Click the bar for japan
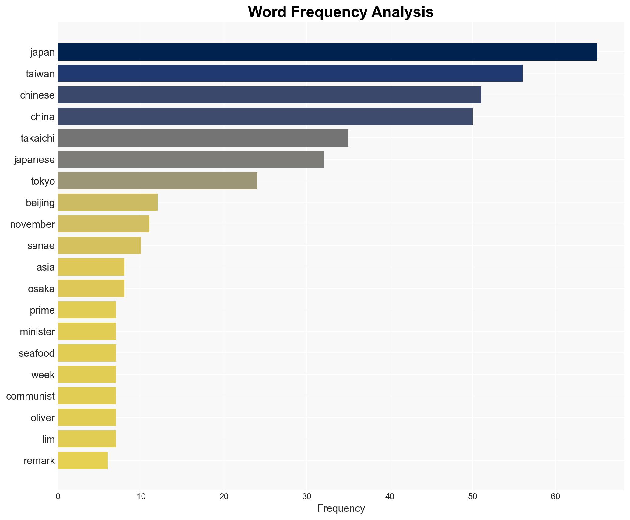(327, 52)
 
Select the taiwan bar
(290, 74)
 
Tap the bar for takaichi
(203, 138)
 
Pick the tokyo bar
(157, 181)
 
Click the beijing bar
(108, 203)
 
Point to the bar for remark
(83, 460)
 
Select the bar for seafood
(87, 353)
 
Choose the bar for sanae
(100, 245)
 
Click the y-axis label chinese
(37, 95)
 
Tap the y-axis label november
(33, 224)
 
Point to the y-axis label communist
(30, 396)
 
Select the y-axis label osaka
(41, 289)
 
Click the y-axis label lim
(48, 439)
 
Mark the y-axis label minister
(37, 331)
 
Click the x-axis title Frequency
(341, 508)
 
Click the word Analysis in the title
(402, 12)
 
